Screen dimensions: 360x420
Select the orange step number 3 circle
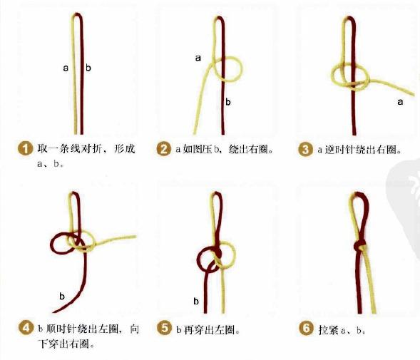click(x=306, y=150)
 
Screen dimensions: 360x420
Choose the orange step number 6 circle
click(x=306, y=329)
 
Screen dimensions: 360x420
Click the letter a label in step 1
click(x=65, y=68)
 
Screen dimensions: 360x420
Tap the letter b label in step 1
click(x=88, y=68)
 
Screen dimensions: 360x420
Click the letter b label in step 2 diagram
click(x=228, y=102)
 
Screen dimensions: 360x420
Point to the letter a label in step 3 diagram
click(x=399, y=102)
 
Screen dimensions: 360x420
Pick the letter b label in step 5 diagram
click(x=196, y=301)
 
